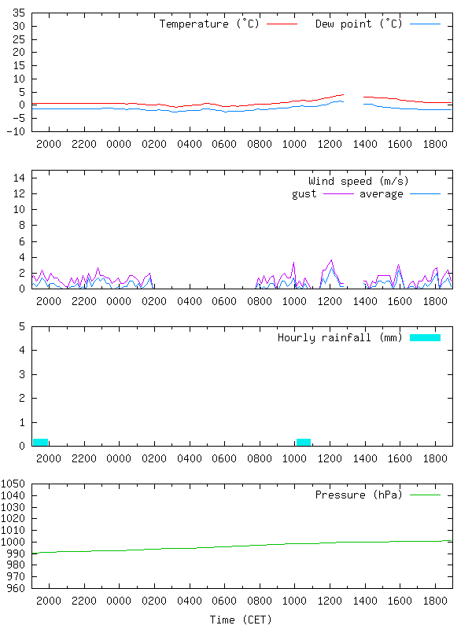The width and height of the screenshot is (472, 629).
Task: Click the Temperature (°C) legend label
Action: [209, 24]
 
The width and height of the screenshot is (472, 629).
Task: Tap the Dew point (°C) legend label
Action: [359, 24]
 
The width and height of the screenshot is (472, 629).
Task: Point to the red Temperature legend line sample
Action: [282, 24]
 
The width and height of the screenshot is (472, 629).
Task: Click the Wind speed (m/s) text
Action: [359, 182]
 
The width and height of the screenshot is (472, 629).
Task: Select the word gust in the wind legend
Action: [304, 193]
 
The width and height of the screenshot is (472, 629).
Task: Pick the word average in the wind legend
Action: [382, 193]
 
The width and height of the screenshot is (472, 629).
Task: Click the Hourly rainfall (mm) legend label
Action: [340, 337]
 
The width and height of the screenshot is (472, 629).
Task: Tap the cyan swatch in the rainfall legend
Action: [425, 337]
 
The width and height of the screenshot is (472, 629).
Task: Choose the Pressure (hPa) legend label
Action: [359, 495]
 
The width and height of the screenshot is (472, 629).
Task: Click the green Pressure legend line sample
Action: [425, 495]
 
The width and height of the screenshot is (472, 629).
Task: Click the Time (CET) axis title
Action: [241, 620]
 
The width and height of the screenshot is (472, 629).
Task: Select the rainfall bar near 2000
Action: [40, 442]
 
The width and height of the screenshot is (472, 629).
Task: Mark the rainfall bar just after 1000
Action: [304, 442]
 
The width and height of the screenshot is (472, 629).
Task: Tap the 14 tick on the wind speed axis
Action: [19, 178]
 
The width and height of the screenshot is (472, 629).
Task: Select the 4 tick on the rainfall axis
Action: [22, 350]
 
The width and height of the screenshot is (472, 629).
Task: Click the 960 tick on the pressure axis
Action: [17, 588]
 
